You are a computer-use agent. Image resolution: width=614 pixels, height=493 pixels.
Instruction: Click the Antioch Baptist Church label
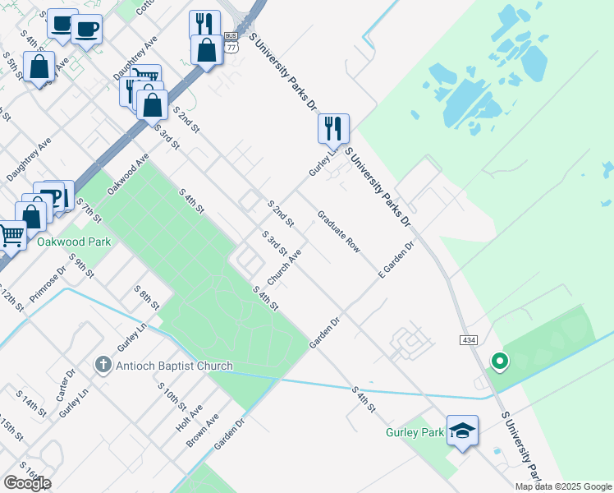174,366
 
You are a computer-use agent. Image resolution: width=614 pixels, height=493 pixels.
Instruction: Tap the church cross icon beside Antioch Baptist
103,365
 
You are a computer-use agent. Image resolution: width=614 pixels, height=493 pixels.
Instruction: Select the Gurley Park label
415,432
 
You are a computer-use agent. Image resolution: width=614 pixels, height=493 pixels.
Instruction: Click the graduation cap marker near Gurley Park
462,431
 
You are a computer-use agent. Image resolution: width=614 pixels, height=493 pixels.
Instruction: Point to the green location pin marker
497,361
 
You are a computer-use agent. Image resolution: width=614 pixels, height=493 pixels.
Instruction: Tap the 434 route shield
464,339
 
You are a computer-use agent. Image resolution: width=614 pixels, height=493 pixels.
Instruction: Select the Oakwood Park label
73,242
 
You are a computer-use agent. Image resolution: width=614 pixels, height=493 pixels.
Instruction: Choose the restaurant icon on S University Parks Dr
333,128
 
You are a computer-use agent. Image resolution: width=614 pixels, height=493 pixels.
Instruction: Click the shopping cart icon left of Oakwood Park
11,235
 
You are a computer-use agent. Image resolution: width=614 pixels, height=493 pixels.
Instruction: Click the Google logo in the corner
27,483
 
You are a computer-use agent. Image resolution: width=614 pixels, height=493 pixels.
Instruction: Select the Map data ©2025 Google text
563,486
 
